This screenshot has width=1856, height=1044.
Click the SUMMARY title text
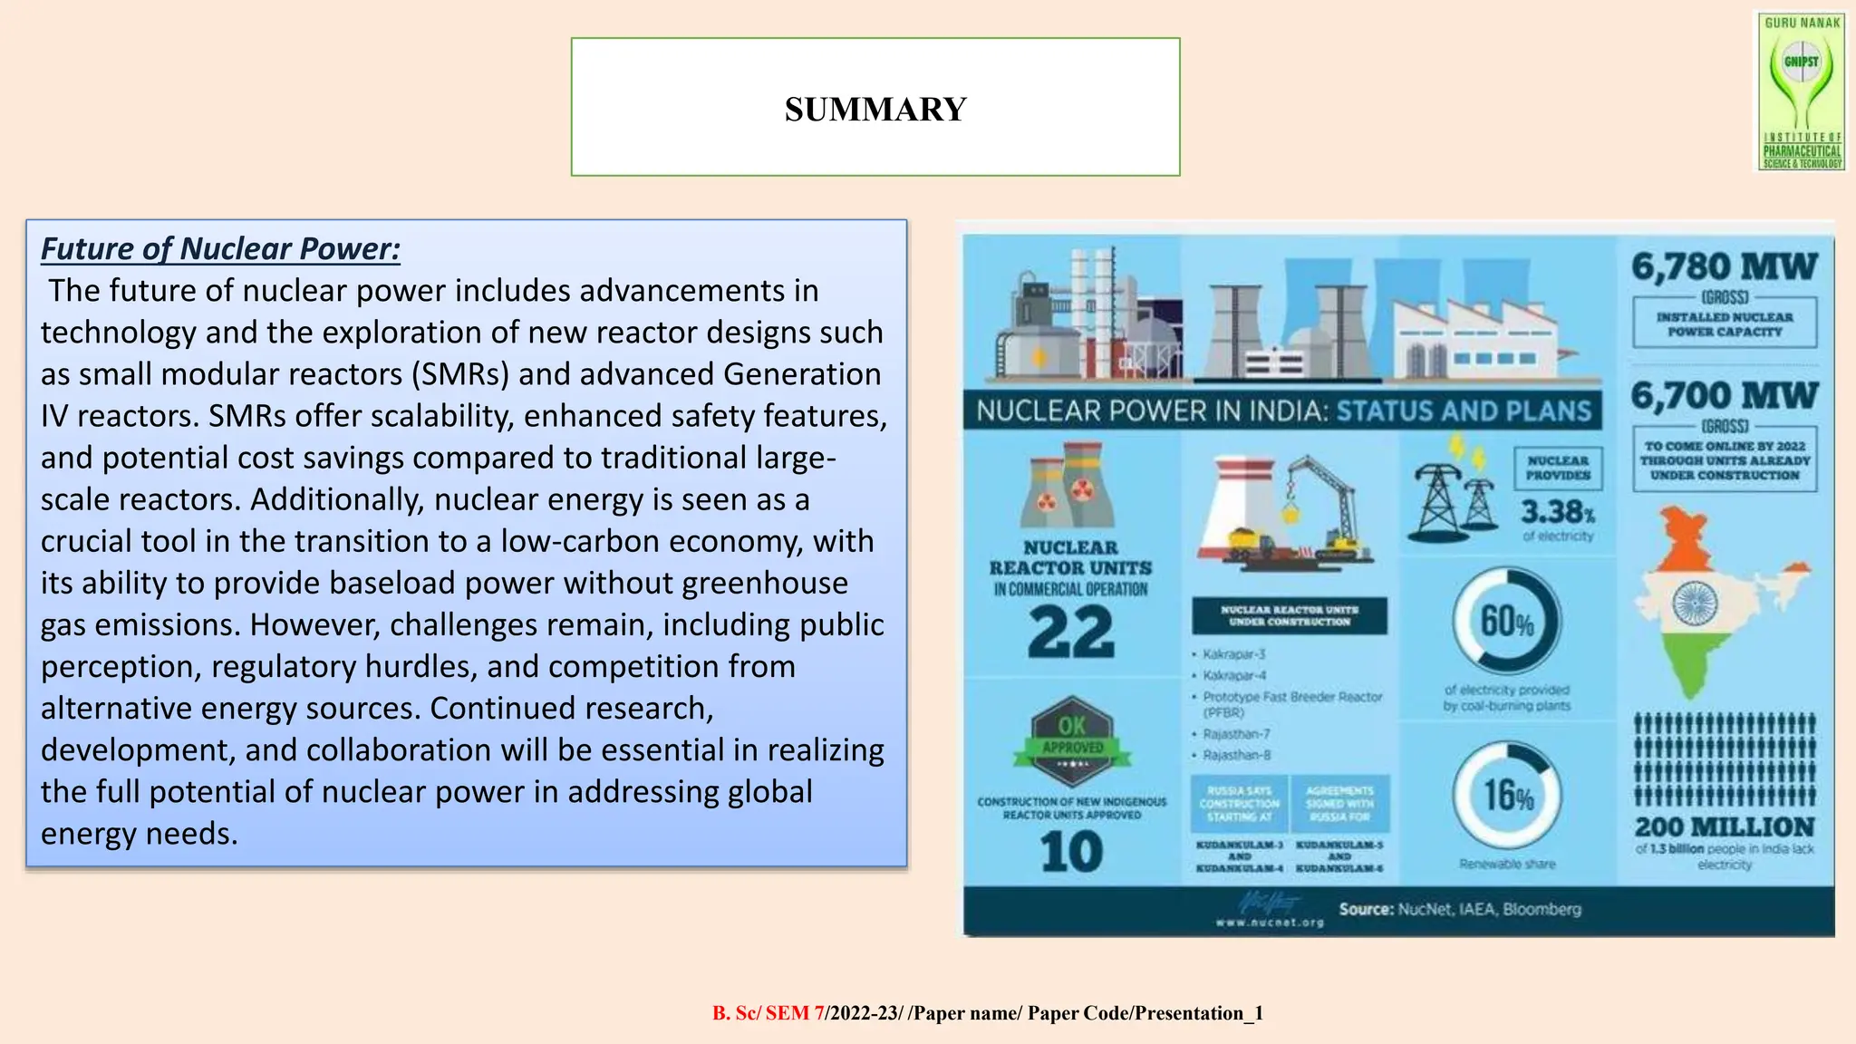(875, 110)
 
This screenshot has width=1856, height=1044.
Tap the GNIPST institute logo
(1802, 91)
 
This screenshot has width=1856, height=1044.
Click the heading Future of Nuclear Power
(220, 248)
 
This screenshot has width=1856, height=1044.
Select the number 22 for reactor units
(1070, 633)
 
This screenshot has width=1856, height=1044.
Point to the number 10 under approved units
(1071, 852)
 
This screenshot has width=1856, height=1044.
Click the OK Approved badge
(1072, 736)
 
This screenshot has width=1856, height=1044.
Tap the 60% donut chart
(1507, 622)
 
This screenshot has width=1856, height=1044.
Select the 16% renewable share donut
(1507, 795)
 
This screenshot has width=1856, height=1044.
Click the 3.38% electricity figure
(1557, 512)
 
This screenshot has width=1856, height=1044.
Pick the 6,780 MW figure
(1724, 266)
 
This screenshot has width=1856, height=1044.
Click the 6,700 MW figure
(1724, 395)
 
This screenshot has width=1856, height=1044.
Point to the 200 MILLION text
(1724, 826)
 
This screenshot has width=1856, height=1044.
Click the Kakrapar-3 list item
(1233, 654)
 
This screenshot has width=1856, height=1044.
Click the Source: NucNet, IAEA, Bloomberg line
(1459, 909)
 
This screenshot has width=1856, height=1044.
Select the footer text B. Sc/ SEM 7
(768, 1013)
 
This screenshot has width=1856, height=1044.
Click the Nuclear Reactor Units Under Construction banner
(1289, 616)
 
